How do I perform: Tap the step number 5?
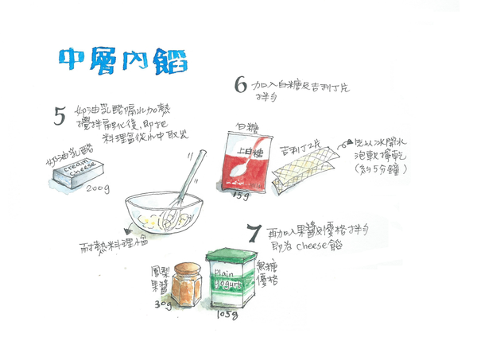(x=59, y=118)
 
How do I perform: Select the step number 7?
(x=253, y=234)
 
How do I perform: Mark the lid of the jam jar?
(x=185, y=266)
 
